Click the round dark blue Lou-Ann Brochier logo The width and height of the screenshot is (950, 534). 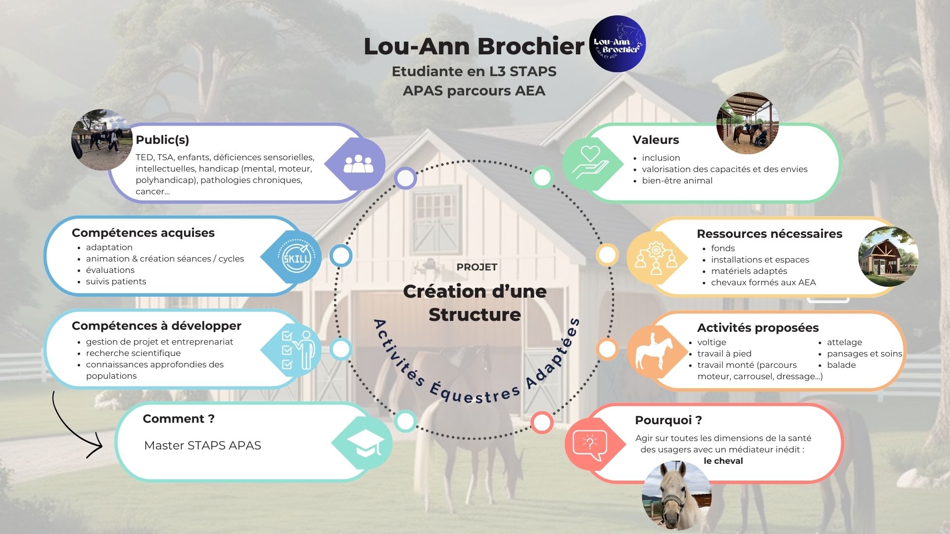pyautogui.click(x=617, y=44)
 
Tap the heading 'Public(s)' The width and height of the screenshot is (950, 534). pyautogui.click(x=162, y=140)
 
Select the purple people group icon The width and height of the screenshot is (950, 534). pyautogui.click(x=358, y=164)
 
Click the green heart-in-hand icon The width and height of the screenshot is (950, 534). pyautogui.click(x=590, y=163)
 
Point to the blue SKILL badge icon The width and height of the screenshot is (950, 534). pyautogui.click(x=296, y=257)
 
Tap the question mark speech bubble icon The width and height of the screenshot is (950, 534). pyautogui.click(x=589, y=443)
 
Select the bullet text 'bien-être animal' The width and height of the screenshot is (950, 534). pyautogui.click(x=677, y=180)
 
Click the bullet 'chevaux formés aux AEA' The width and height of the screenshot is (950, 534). pyautogui.click(x=763, y=282)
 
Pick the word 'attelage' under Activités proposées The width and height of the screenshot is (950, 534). pyautogui.click(x=844, y=342)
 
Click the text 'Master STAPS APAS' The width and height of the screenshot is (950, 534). pyautogui.click(x=202, y=445)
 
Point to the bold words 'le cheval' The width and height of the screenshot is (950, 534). pyautogui.click(x=723, y=461)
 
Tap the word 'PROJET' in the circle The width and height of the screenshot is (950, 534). pyautogui.click(x=476, y=267)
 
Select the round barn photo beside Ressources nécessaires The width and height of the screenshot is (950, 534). pyautogui.click(x=888, y=256)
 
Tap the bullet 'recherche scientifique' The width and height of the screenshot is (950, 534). pyautogui.click(x=133, y=353)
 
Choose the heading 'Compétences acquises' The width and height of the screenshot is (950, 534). pyautogui.click(x=143, y=233)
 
